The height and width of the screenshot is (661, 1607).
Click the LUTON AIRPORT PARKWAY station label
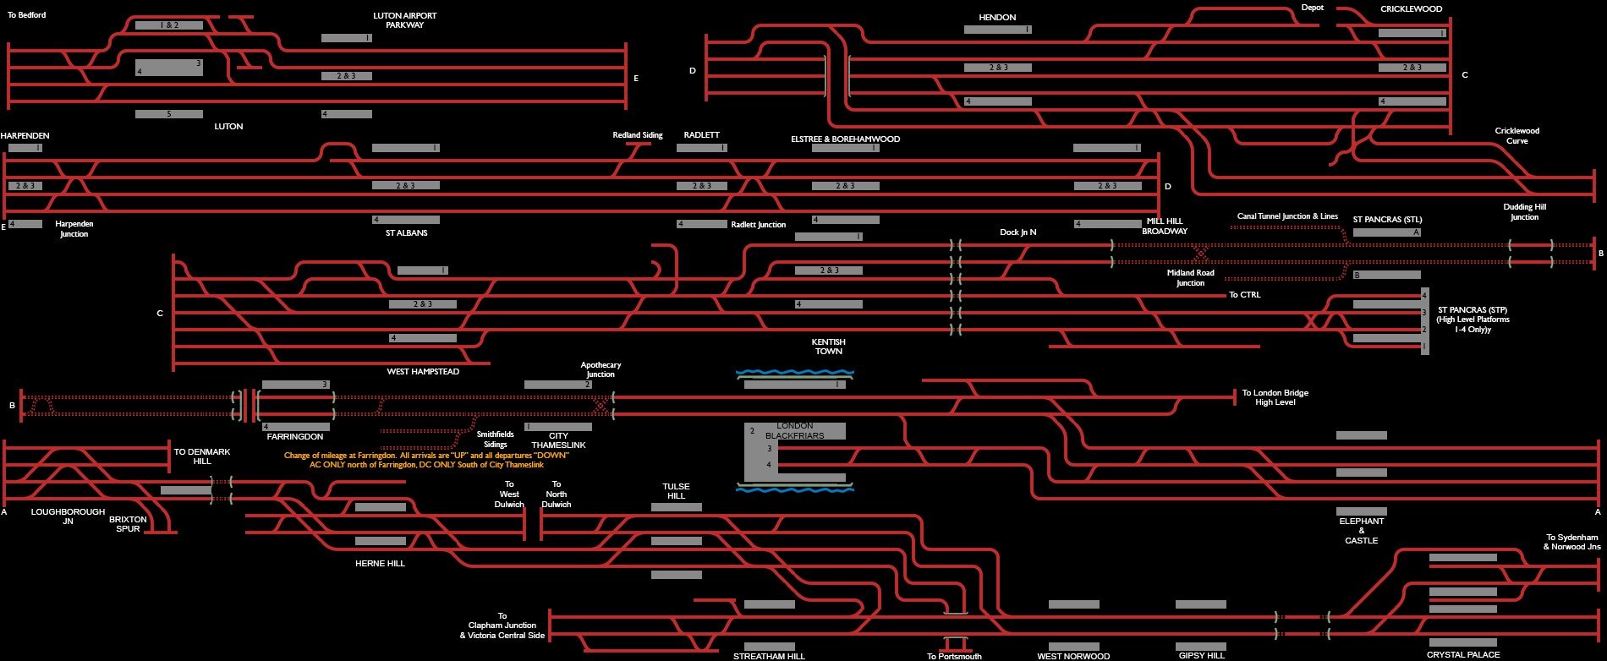[x=404, y=20]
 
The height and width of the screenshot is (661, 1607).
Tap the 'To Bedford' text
[x=27, y=15]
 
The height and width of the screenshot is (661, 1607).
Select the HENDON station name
[x=997, y=17]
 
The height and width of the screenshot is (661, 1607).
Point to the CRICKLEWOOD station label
[x=1411, y=9]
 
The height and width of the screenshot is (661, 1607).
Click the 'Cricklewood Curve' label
[x=1517, y=135]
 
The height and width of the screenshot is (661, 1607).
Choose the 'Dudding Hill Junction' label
[x=1524, y=211]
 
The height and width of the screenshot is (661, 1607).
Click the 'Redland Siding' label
[x=638, y=135]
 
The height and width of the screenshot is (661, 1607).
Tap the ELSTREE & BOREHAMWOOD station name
[x=845, y=139]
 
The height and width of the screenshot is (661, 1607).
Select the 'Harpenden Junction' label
[x=74, y=228]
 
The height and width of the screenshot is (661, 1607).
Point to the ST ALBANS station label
[x=407, y=233]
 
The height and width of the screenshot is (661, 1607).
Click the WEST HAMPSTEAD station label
[x=423, y=372]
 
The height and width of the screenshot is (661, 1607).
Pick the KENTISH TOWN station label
[x=829, y=347]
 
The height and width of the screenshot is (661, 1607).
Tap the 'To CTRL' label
[x=1244, y=295]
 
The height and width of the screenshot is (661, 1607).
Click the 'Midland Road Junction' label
[x=1190, y=277]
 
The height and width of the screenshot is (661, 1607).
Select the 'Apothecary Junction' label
[x=601, y=369]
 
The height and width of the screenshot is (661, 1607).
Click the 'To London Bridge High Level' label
[x=1275, y=397]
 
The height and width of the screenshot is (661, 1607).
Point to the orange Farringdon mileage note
[x=426, y=460]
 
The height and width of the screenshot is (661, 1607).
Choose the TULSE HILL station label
[x=676, y=491]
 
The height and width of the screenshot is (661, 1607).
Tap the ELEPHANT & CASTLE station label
[x=1361, y=531]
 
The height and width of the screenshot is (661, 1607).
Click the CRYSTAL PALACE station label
[x=1463, y=655]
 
